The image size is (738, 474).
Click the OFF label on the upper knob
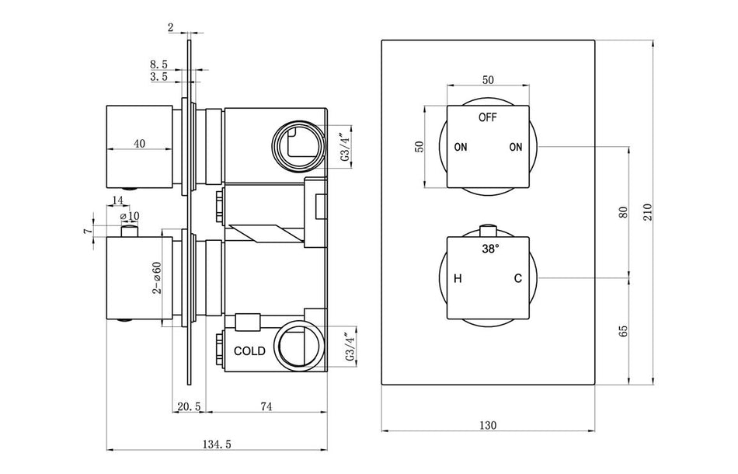[488, 117]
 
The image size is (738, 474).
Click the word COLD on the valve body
[250, 350]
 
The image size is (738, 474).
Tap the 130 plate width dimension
[488, 424]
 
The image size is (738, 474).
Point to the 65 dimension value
[622, 329]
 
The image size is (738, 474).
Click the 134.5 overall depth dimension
[218, 444]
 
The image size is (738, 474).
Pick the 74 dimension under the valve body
[266, 406]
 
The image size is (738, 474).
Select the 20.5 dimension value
[190, 406]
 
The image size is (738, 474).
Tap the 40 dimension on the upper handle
[140, 143]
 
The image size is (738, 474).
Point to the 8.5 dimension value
[158, 65]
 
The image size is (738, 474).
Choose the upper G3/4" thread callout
[345, 145]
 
